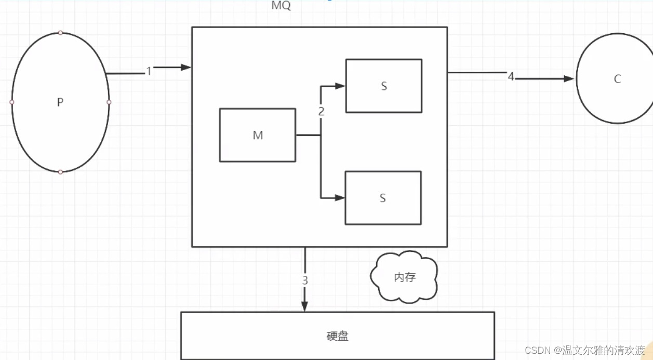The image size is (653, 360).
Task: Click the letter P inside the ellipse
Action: [x=60, y=103]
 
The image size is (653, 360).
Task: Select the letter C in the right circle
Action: [x=617, y=79]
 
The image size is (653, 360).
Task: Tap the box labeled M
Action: [x=258, y=135]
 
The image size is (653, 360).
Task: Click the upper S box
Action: [x=383, y=86]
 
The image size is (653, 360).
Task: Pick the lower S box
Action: [x=383, y=198]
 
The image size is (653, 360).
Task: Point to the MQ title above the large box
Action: [x=281, y=6]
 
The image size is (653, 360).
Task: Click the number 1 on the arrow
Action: [x=149, y=72]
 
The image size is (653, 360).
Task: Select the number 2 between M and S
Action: [x=321, y=111]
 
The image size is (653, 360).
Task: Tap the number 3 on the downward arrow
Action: [x=305, y=281]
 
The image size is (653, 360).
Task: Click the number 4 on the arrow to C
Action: [x=511, y=77]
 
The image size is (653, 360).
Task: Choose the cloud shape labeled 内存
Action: [x=405, y=277]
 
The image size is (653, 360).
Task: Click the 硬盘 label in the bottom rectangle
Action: [x=338, y=336]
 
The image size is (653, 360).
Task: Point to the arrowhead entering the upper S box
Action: [x=340, y=86]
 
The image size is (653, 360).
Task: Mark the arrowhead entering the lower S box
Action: [x=340, y=197]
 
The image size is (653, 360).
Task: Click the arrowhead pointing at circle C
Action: [x=569, y=79]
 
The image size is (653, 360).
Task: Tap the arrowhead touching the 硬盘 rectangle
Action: [x=305, y=306]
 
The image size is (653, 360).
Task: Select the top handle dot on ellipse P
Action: [x=60, y=33]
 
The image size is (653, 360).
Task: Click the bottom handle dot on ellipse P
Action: [x=60, y=172]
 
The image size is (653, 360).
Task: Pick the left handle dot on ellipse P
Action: [x=12, y=102]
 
